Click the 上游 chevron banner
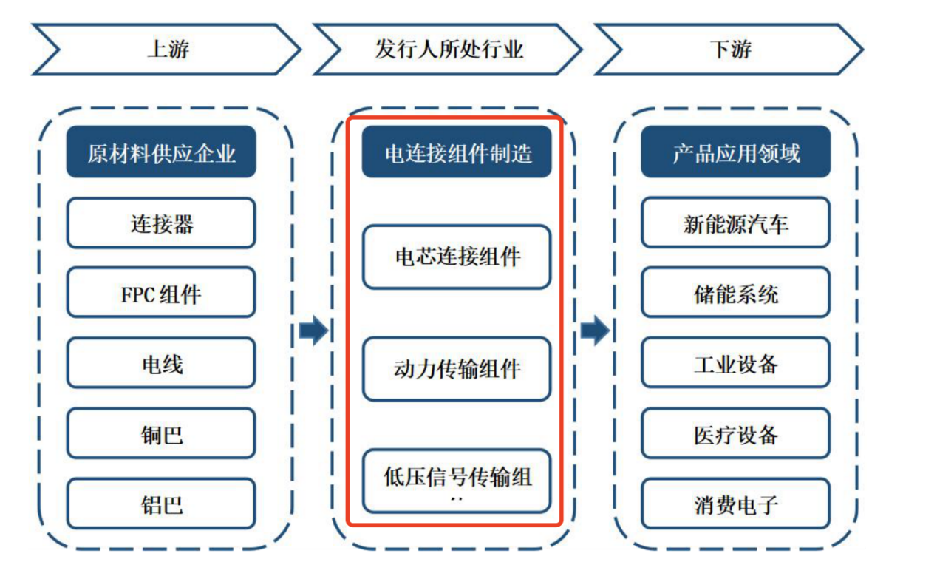[166, 50]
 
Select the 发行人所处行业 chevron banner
[448, 50]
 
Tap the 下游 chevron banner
[729, 50]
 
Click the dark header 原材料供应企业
[161, 152]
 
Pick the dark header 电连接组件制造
[457, 152]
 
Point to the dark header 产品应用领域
[735, 152]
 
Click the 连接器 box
[161, 223]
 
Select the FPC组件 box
[161, 293]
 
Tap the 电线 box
[161, 363]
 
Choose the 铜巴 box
[161, 433]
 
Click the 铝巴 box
[161, 504]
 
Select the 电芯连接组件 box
[457, 257]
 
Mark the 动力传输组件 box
[457, 368]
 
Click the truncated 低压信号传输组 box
[457, 480]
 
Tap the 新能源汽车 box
[735, 223]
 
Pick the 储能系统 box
[735, 293]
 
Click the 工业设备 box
[735, 363]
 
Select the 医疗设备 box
[735, 433]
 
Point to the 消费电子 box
[735, 504]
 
